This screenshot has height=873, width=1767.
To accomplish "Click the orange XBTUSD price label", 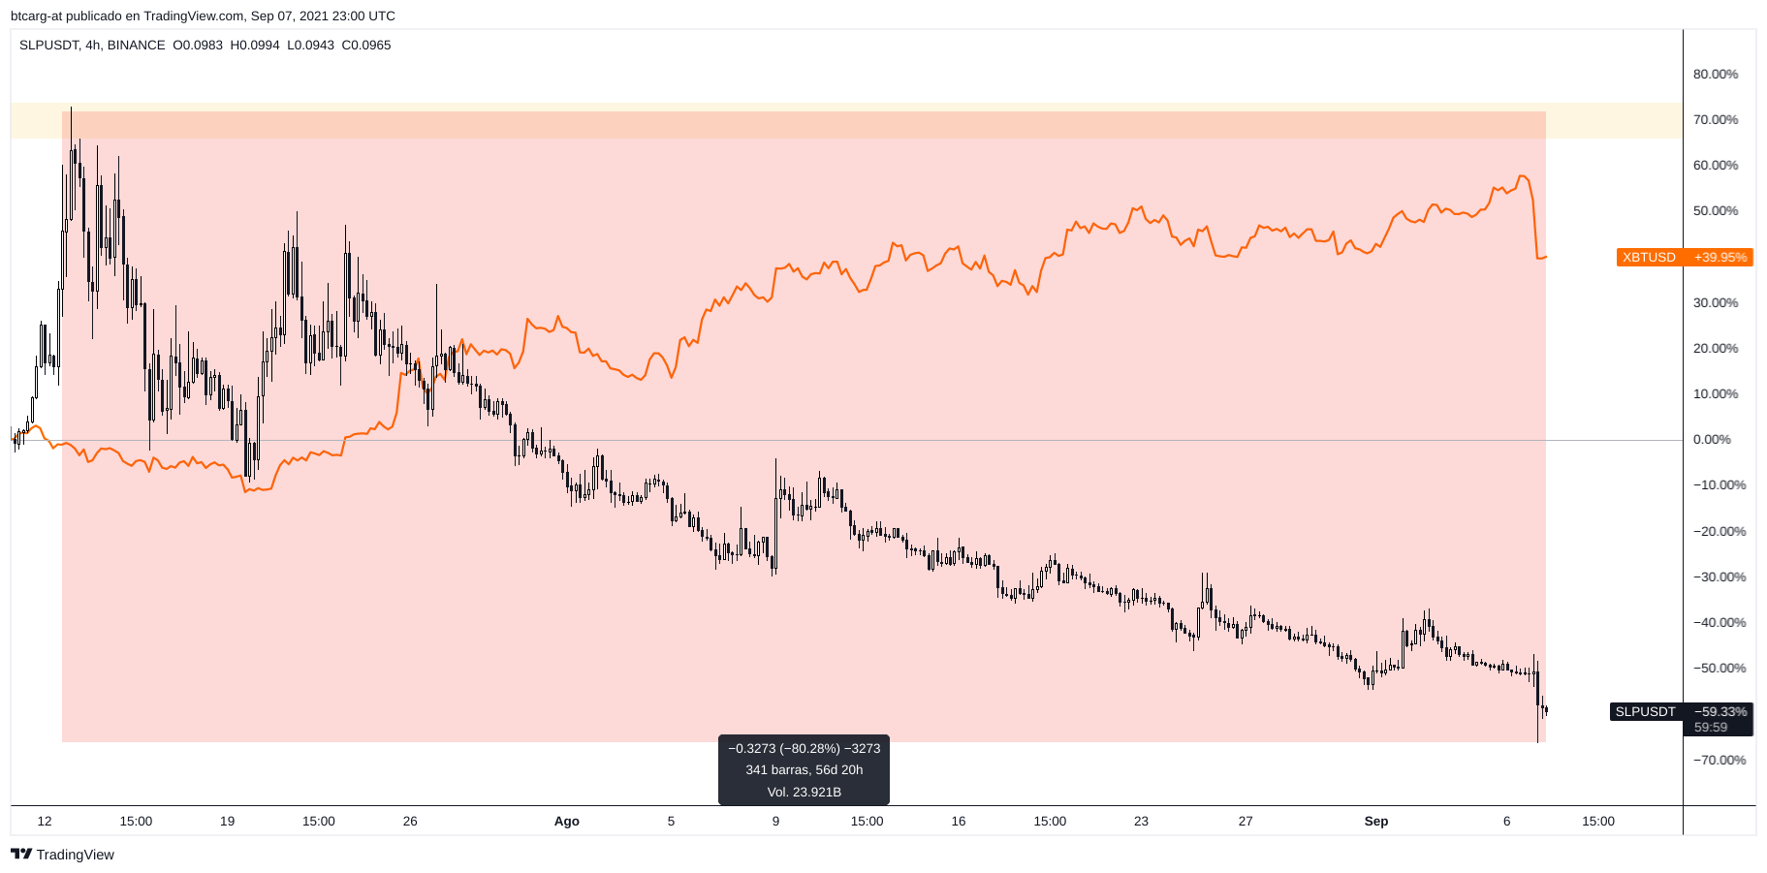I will (x=1684, y=257).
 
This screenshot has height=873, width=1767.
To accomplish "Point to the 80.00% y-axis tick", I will (x=1715, y=74).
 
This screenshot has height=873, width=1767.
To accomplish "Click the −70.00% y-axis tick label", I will (x=1719, y=760).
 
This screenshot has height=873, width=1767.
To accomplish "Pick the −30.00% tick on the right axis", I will (x=1719, y=577).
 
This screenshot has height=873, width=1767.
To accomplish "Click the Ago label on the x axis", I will (x=566, y=822).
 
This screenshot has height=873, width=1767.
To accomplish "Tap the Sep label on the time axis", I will (x=1375, y=822).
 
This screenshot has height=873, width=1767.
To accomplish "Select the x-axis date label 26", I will (x=410, y=822).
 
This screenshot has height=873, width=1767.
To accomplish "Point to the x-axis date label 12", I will (x=45, y=822).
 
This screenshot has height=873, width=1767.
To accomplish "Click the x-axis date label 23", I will (x=1141, y=822).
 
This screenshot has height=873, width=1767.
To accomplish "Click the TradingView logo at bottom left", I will (x=62, y=855).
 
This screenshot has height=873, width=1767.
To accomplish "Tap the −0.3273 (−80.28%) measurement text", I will (x=804, y=748).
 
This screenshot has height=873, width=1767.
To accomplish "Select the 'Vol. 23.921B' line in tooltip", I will (x=804, y=792).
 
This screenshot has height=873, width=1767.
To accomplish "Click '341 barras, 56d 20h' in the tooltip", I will (x=804, y=770).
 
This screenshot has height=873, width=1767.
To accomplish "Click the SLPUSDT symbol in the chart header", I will (x=47, y=46).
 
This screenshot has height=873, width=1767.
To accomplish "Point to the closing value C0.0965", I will (x=366, y=46).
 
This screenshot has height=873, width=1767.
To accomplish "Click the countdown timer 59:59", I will (x=1711, y=727).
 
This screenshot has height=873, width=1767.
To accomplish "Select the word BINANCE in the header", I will (x=136, y=46).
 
